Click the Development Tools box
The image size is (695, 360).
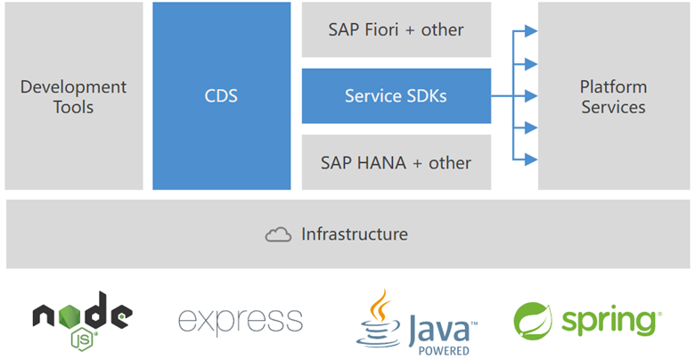pos(73,96)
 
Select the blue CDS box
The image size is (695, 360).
pos(221,96)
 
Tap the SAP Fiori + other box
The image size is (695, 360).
pos(396,29)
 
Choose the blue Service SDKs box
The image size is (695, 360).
pos(396,95)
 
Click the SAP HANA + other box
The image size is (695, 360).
pos(396,162)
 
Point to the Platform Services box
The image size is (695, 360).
pos(613,96)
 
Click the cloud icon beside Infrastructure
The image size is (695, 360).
pos(279,235)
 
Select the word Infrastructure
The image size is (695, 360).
pos(355,234)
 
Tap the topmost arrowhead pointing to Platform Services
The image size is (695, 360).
pos(531,31)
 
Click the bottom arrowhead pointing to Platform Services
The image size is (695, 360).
pos(531,160)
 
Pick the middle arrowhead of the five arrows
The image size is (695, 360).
pos(531,95)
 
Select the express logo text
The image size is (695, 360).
pos(241,320)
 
